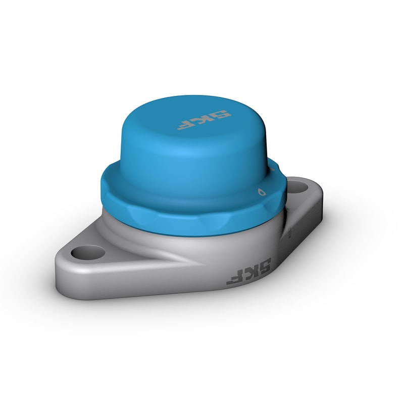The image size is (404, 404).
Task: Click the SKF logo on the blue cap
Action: tap(204, 120)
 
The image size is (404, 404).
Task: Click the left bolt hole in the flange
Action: tap(88, 252)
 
